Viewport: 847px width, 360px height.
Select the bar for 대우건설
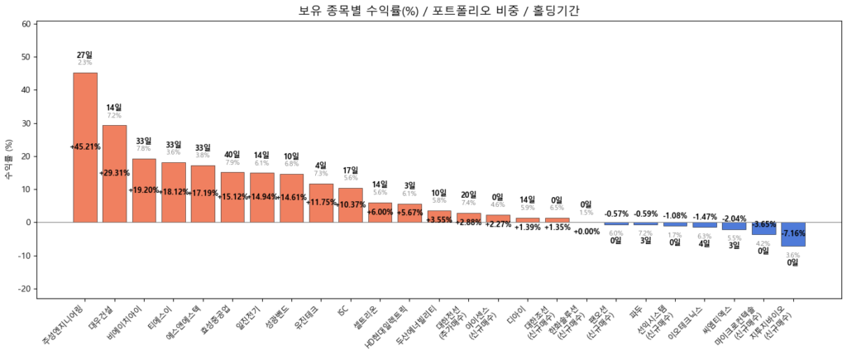click(x=114, y=174)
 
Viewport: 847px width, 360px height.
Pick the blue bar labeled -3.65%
click(x=763, y=228)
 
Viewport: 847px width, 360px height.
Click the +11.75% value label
click(x=320, y=202)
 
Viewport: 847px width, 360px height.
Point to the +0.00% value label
click(x=586, y=232)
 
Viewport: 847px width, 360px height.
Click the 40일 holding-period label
click(x=232, y=154)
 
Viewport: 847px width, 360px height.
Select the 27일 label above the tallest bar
click(x=84, y=55)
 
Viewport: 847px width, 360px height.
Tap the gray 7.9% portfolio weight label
click(x=232, y=163)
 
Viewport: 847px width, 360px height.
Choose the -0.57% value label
click(x=616, y=214)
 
